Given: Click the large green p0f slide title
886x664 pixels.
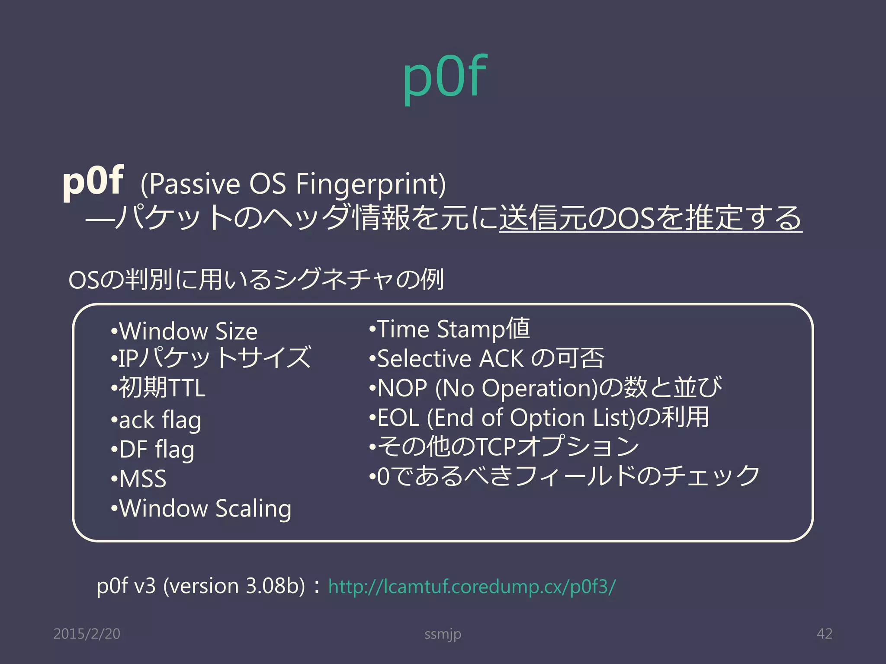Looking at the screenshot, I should (445, 78).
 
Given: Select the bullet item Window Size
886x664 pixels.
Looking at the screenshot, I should (184, 332).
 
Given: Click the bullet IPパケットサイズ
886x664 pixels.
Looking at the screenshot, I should (211, 358).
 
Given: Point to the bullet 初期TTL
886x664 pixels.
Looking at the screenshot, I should (158, 388).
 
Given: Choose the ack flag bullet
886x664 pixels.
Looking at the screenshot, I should (156, 420).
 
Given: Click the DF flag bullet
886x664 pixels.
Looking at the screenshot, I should (153, 450).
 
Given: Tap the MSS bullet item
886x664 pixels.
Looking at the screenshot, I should (139, 479).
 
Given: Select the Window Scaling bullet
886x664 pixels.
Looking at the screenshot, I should (201, 509).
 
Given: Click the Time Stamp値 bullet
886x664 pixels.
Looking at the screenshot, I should (449, 329).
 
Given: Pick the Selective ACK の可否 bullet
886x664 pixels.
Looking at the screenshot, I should (486, 359).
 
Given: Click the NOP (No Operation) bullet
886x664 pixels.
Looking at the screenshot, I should (545, 388).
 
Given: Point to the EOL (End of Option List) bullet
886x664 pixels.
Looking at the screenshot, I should (539, 418).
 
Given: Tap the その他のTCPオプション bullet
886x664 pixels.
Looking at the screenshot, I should (504, 447).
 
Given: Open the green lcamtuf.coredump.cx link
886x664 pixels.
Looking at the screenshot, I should (472, 587).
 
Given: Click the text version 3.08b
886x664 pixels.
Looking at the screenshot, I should (234, 587).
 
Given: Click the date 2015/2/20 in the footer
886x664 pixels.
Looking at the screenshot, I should (87, 634).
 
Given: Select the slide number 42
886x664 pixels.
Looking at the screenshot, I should (824, 634).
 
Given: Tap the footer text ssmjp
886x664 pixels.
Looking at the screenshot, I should (443, 634).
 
